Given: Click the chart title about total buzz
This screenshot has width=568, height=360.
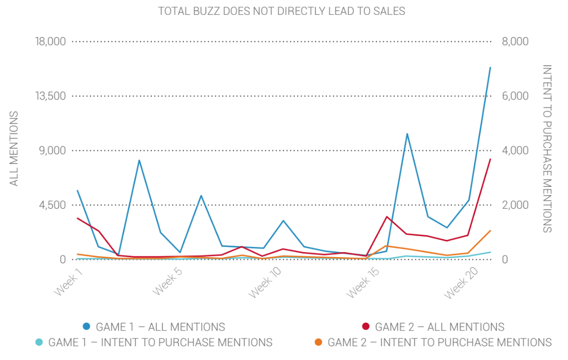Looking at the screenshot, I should (x=281, y=11).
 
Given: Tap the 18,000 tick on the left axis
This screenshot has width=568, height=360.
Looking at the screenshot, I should (x=50, y=42).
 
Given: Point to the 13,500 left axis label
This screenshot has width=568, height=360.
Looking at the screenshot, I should (x=50, y=96).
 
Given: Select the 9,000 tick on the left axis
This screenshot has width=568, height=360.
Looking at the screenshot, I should (x=53, y=151).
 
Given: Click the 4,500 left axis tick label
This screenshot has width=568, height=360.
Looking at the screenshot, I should (x=53, y=205).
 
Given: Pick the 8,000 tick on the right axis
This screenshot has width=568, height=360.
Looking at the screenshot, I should (x=515, y=42).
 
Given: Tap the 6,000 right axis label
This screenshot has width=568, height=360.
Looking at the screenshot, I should (x=515, y=96).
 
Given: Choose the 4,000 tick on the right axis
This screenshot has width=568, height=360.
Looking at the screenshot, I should (x=515, y=151).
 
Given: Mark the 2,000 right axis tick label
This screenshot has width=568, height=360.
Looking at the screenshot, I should (x=515, y=205).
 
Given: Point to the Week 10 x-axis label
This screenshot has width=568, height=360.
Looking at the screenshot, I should (x=264, y=286).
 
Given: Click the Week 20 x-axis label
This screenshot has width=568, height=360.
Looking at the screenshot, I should (x=461, y=286).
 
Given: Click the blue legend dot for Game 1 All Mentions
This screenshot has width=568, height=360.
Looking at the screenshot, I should (x=87, y=326).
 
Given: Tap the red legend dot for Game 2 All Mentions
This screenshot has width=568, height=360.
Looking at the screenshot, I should (x=365, y=326).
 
